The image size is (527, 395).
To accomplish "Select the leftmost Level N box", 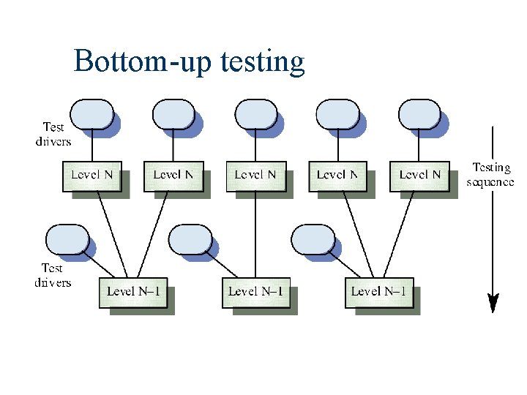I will (x=91, y=176).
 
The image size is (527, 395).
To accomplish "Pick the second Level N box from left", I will (x=173, y=176).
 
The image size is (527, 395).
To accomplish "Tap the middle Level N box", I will (x=255, y=176).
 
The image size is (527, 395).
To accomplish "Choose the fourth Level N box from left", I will (x=337, y=176).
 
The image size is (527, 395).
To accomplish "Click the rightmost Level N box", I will (x=419, y=176).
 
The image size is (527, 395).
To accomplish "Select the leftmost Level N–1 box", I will (x=137, y=292).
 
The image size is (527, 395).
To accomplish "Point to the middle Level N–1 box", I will (x=255, y=292).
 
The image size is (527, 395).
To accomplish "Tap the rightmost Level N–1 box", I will (x=378, y=292).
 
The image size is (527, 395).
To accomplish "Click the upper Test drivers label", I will (x=53, y=134).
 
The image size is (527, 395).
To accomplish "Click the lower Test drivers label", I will (x=53, y=275).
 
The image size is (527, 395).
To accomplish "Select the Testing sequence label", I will (x=490, y=175).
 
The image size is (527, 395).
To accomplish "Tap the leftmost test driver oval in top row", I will (x=92, y=114).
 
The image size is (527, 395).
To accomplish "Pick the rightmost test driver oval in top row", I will (x=419, y=114).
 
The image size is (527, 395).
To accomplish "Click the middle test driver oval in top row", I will (x=255, y=114).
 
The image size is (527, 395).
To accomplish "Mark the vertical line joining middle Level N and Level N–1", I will (x=255, y=234).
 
